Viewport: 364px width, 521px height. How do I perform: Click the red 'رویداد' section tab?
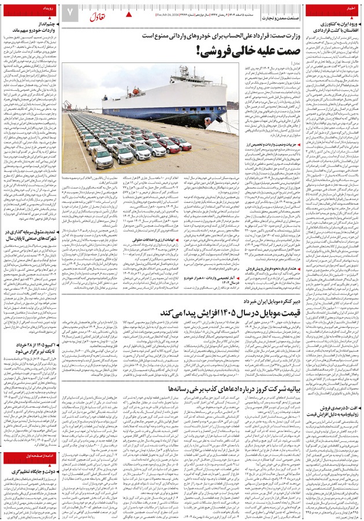click(50, 9)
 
